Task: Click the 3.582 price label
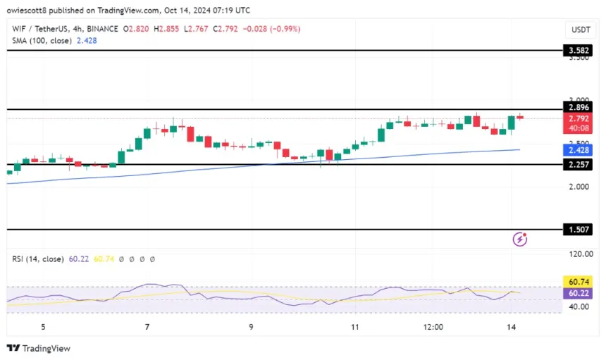582,50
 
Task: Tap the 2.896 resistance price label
582,107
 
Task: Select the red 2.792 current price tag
582,119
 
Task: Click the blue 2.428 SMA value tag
582,150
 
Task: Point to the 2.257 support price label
582,164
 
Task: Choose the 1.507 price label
582,230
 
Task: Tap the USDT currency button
581,30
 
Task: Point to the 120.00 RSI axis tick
582,254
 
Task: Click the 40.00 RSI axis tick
581,307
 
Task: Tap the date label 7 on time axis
147,328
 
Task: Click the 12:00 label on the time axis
433,328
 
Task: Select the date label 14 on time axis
512,328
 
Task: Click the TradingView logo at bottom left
38,348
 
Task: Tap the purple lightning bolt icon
520,240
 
